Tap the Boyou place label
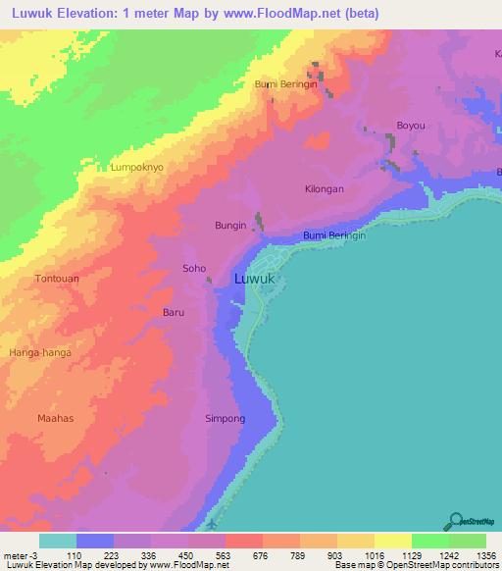[x=410, y=126]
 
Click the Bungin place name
[x=230, y=226]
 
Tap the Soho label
[x=194, y=268]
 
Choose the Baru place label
[x=173, y=313]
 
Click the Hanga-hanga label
[x=40, y=351]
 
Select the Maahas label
[x=56, y=419]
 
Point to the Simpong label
[x=225, y=419]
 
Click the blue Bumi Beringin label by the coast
[x=334, y=235]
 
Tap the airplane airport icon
[x=215, y=523]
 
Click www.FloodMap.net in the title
[x=295, y=13]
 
